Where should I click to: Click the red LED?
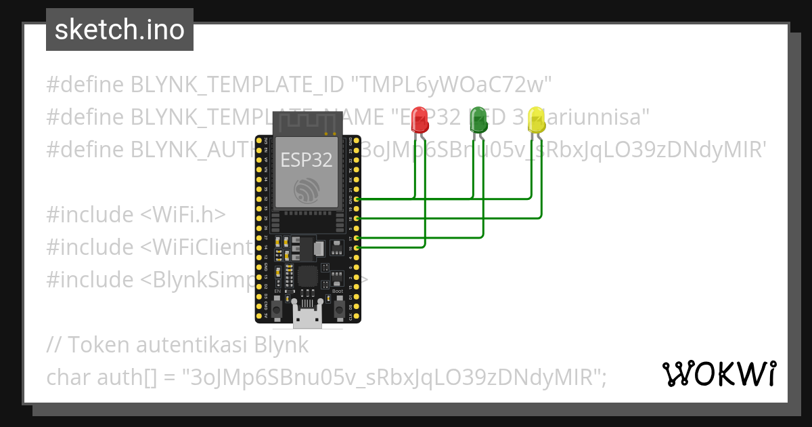click(420, 121)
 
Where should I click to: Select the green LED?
click(478, 120)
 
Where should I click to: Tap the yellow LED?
click(536, 121)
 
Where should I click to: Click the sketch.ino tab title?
click(120, 30)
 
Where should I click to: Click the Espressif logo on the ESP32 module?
click(307, 190)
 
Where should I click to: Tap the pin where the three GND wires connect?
click(357, 199)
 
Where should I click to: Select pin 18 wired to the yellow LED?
click(357, 218)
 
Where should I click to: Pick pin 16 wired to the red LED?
click(357, 248)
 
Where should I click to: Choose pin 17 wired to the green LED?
click(357, 239)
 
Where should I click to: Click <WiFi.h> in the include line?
click(183, 215)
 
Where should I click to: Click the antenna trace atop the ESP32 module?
click(307, 122)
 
